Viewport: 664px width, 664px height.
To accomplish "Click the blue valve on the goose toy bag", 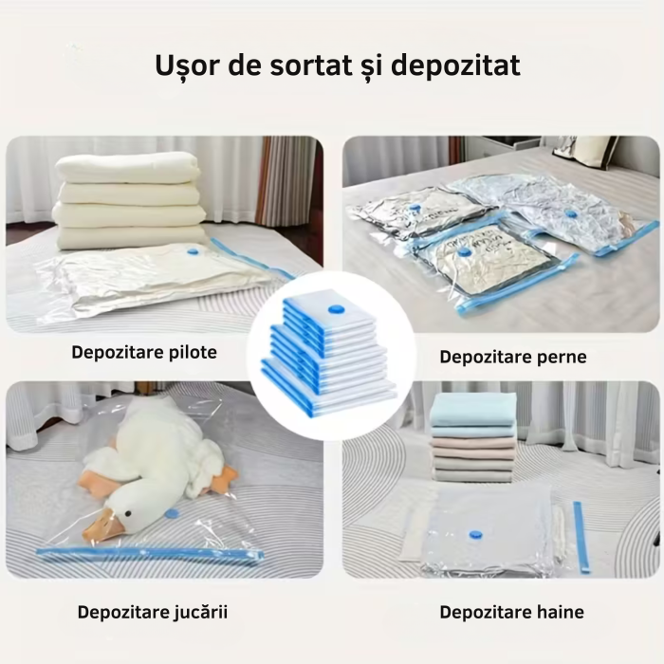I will pos(172,513).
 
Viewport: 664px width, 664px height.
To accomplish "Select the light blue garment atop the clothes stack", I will pos(473,412).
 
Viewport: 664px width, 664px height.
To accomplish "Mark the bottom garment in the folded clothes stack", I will pos(473,473).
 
